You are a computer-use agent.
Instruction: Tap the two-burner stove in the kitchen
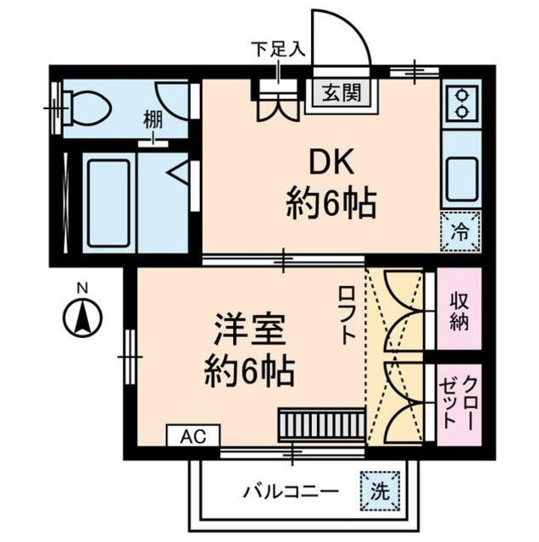pyautogui.click(x=463, y=103)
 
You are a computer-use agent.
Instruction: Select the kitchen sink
pyautogui.click(x=463, y=175)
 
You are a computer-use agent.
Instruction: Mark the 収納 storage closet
pyautogui.click(x=458, y=310)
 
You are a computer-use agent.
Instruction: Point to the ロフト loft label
pyautogui.click(x=347, y=312)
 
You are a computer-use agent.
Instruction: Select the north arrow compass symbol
pyautogui.click(x=81, y=318)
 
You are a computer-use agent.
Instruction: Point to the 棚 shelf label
pyautogui.click(x=153, y=122)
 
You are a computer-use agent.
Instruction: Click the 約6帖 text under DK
pyautogui.click(x=329, y=203)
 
